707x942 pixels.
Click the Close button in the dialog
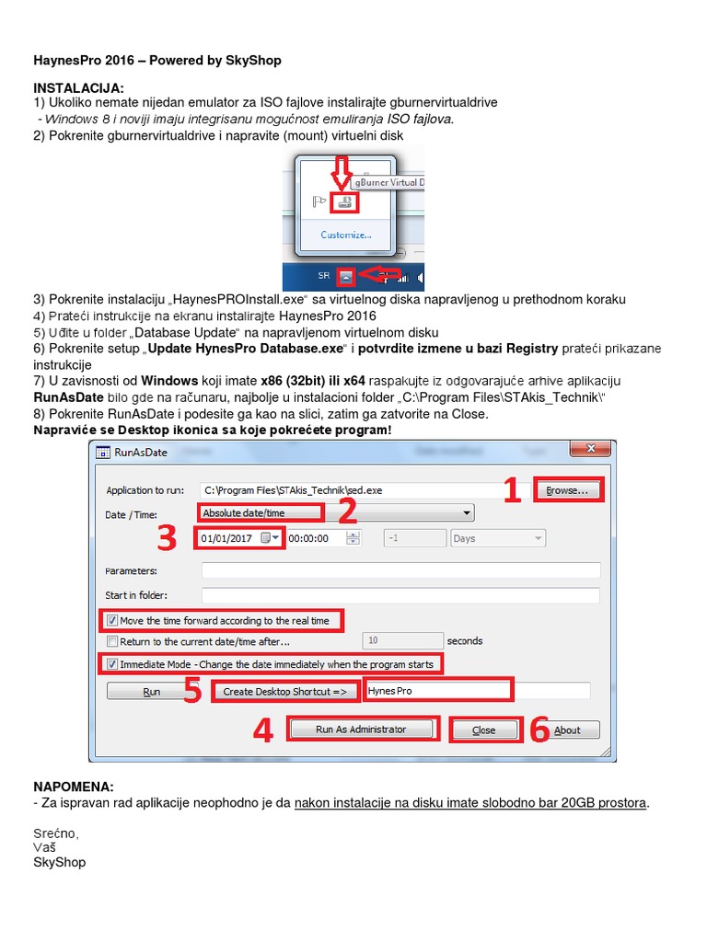(483, 729)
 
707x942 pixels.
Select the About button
(567, 729)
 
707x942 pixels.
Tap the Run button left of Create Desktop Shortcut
(152, 691)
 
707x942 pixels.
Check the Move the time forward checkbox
(113, 621)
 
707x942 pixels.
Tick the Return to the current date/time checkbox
(113, 642)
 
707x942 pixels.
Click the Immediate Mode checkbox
(113, 664)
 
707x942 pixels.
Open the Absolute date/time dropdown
(336, 512)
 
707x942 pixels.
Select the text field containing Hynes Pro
(436, 690)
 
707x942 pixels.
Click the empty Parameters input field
(400, 570)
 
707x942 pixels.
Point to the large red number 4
(263, 731)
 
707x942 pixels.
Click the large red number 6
(539, 730)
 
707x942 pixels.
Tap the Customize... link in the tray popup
(346, 235)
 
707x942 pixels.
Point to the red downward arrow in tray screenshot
(342, 174)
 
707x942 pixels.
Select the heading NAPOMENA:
(74, 787)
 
